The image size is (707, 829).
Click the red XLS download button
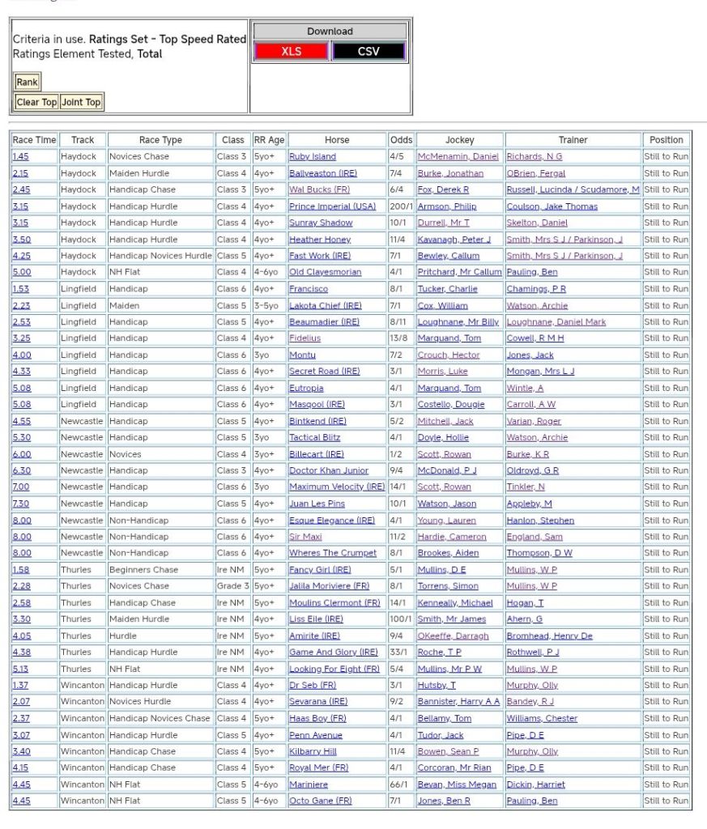[x=291, y=51]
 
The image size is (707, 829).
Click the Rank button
[x=27, y=82]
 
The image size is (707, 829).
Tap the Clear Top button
[x=36, y=102]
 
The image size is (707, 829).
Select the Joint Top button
[x=81, y=102]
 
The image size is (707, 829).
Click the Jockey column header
[x=459, y=140]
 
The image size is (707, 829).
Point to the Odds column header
[x=400, y=140]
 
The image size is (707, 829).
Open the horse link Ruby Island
[x=312, y=157]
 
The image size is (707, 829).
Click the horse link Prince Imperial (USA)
[x=332, y=206]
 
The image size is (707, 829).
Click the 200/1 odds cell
[x=400, y=206]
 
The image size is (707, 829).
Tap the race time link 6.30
[x=20, y=470]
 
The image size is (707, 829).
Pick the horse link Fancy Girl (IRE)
[x=320, y=570]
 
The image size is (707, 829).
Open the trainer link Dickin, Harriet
[x=535, y=784]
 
